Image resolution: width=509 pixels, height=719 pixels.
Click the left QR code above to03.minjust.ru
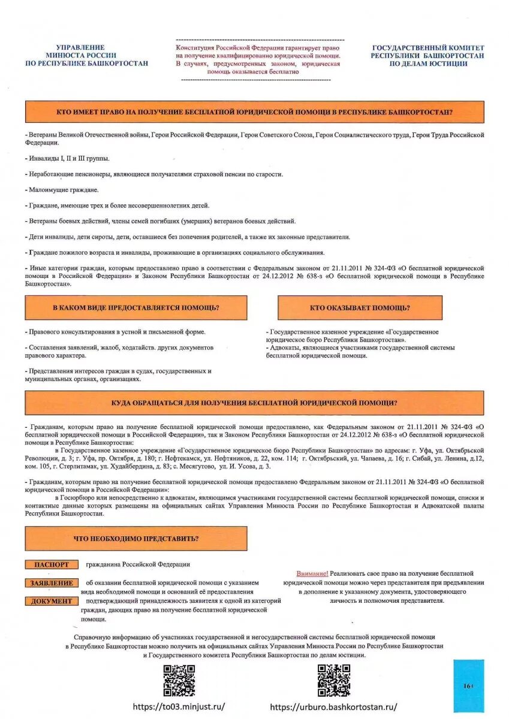click(x=179, y=681)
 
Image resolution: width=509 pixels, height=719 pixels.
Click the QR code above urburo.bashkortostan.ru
click(x=333, y=681)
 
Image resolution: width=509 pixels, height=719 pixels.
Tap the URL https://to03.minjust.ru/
click(x=179, y=707)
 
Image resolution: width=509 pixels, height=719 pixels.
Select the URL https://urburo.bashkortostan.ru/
click(x=333, y=707)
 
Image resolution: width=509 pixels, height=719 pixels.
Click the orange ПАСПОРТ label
click(x=52, y=564)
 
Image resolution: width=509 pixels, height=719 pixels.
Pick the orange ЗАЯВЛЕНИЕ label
click(x=52, y=583)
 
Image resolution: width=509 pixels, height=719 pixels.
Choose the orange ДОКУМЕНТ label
click(x=52, y=601)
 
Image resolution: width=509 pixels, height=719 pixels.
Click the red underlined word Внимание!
click(x=312, y=573)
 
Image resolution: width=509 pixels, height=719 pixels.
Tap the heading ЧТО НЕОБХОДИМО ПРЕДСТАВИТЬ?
click(x=136, y=539)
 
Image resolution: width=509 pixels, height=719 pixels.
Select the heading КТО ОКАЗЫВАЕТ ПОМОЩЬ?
click(x=360, y=308)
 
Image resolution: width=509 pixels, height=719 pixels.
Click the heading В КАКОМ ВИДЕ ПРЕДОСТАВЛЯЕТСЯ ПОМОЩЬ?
click(x=136, y=308)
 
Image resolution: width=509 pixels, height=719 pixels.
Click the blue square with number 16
click(x=468, y=685)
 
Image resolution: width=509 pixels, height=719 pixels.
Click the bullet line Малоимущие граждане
click(x=62, y=190)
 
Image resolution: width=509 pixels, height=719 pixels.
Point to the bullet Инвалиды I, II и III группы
click(x=68, y=159)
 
